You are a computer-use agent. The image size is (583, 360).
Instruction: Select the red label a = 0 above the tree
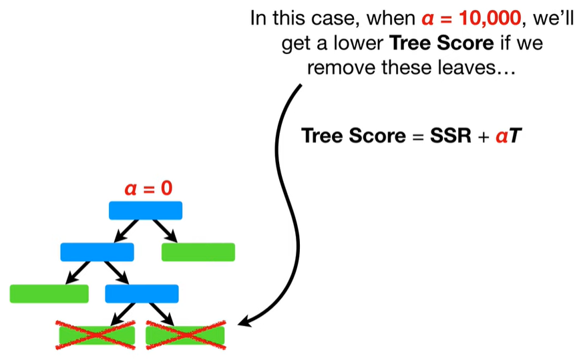pyautogui.click(x=148, y=188)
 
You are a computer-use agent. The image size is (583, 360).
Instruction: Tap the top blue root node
pyautogui.click(x=146, y=210)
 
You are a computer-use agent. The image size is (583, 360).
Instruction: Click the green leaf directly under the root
pyautogui.click(x=198, y=252)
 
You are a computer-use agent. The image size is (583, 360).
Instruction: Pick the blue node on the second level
pyautogui.click(x=97, y=252)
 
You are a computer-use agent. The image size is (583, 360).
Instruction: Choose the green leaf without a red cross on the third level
pyautogui.click(x=49, y=293)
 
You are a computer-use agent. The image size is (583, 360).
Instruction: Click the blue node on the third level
pyautogui.click(x=142, y=293)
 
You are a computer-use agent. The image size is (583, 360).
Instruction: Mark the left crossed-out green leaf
pyautogui.click(x=97, y=334)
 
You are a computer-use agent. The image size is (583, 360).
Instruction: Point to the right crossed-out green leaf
pyautogui.click(x=185, y=334)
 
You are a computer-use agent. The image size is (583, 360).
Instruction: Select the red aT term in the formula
pyautogui.click(x=508, y=136)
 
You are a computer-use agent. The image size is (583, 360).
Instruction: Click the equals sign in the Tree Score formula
pyautogui.click(x=417, y=136)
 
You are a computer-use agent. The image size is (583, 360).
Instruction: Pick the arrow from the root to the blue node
pyautogui.click(x=125, y=231)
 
